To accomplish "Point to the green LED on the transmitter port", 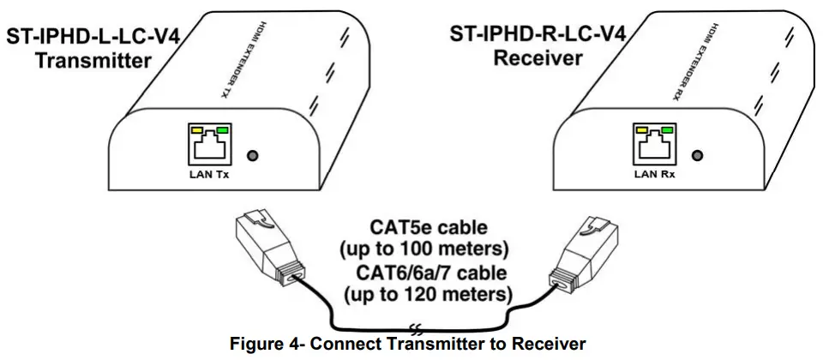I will pyautogui.click(x=224, y=130).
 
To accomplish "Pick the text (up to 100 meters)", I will pyautogui.click(x=426, y=250).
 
